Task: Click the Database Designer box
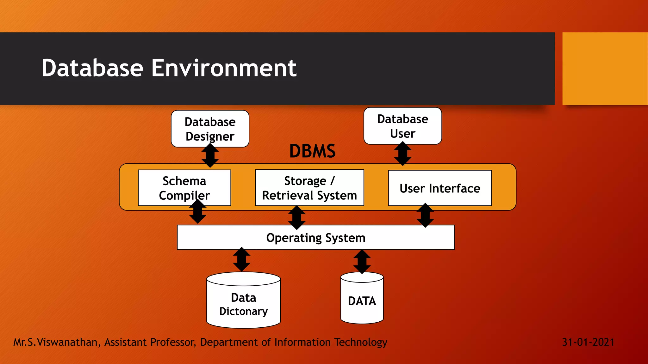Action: (x=210, y=129)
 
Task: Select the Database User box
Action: (x=402, y=126)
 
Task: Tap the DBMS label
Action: (x=312, y=151)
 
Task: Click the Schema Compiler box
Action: (x=184, y=188)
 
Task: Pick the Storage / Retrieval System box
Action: (x=309, y=188)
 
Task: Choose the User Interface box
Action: (x=439, y=188)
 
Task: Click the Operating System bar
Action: (x=315, y=238)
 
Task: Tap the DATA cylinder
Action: (x=362, y=301)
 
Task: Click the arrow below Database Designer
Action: (x=210, y=155)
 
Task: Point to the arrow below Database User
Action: (x=402, y=154)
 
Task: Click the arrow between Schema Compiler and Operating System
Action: (x=198, y=211)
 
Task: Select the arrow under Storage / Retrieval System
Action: (x=296, y=217)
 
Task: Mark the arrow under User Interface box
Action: (x=425, y=215)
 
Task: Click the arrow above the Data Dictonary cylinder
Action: (x=241, y=259)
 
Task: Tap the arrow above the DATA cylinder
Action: (x=362, y=262)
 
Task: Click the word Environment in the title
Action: (x=224, y=68)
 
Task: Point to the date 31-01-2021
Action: (x=588, y=342)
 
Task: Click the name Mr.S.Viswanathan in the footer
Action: (x=55, y=342)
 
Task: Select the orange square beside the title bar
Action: (x=605, y=69)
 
